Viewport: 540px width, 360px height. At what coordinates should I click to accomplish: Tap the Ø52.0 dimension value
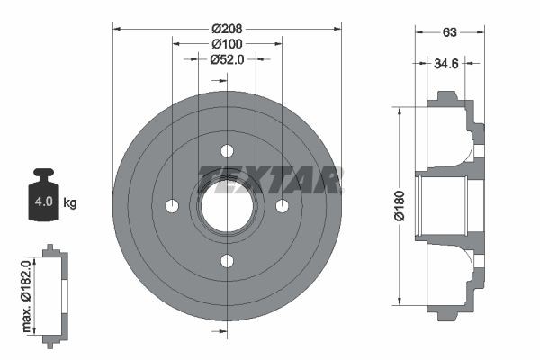click(x=228, y=59)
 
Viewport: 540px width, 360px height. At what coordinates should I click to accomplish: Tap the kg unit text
click(x=70, y=202)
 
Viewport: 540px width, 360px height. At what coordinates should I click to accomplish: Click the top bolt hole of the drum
click(x=227, y=150)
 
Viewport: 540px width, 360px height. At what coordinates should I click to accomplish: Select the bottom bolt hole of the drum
click(x=227, y=261)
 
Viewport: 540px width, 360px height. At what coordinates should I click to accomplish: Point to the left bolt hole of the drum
click(x=172, y=206)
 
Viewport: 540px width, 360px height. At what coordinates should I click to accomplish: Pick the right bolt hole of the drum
click(x=283, y=206)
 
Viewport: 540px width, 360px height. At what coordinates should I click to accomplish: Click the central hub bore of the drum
click(x=227, y=206)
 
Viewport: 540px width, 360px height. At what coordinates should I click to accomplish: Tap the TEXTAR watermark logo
click(x=270, y=180)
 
